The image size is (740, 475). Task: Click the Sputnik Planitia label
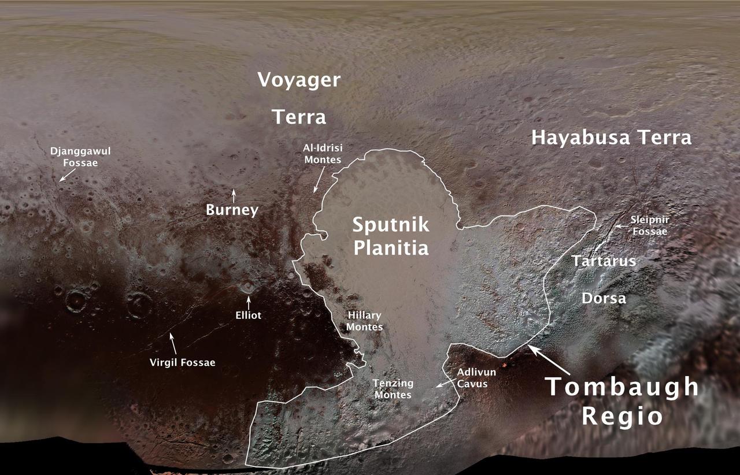coord(391,236)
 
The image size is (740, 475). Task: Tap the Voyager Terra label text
coord(299,98)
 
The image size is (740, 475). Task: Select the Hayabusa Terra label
coord(611,138)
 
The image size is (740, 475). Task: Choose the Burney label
coord(232,210)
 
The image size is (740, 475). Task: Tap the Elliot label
coord(249,316)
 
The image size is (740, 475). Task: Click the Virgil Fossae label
coord(182,362)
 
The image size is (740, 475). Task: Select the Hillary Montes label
coord(365,321)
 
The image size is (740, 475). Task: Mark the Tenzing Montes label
coord(393,389)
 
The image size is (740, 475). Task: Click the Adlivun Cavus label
coord(476,378)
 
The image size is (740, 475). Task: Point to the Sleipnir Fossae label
coord(649,226)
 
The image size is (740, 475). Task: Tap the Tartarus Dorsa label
coord(604,279)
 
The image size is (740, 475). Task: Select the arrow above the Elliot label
coord(249,302)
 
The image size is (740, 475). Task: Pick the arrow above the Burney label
coord(234,195)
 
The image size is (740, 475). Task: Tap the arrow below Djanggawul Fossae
coord(65,175)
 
